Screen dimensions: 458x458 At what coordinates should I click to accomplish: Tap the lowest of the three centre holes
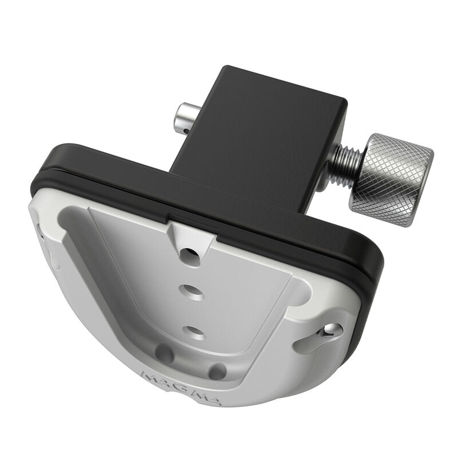point(193,331)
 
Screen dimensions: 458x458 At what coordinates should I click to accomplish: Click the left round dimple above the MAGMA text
point(164,354)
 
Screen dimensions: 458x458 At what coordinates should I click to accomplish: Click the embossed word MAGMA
point(172,385)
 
